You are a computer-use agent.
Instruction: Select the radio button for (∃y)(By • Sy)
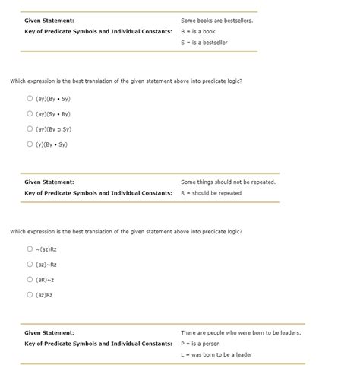pyautogui.click(x=30, y=98)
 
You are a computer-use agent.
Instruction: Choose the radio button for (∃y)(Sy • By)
pyautogui.click(x=30, y=113)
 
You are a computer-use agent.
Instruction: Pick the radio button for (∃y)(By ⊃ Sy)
pyautogui.click(x=30, y=128)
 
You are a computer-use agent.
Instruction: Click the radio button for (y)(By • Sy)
pyautogui.click(x=30, y=144)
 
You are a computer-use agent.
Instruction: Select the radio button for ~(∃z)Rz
pyautogui.click(x=30, y=249)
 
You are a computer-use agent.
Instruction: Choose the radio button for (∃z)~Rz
pyautogui.click(x=30, y=264)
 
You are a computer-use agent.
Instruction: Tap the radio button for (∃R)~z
pyautogui.click(x=30, y=279)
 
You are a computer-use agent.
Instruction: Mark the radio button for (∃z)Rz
pyautogui.click(x=30, y=294)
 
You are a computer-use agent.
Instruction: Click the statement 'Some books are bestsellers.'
pyautogui.click(x=216, y=21)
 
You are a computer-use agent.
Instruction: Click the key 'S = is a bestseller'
pyautogui.click(x=204, y=43)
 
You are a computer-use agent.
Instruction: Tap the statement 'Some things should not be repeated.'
pyautogui.click(x=228, y=182)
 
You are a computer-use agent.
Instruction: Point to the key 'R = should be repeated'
pyautogui.click(x=210, y=193)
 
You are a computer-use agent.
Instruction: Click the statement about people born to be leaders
pyautogui.click(x=241, y=333)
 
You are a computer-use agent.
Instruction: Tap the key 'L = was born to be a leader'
pyautogui.click(x=216, y=354)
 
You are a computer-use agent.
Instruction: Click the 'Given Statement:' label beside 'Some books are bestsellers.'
pyautogui.click(x=49, y=21)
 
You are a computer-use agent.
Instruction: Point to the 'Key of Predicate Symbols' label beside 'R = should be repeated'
pyautogui.click(x=98, y=193)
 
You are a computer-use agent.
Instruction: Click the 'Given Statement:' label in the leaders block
pyautogui.click(x=49, y=333)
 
